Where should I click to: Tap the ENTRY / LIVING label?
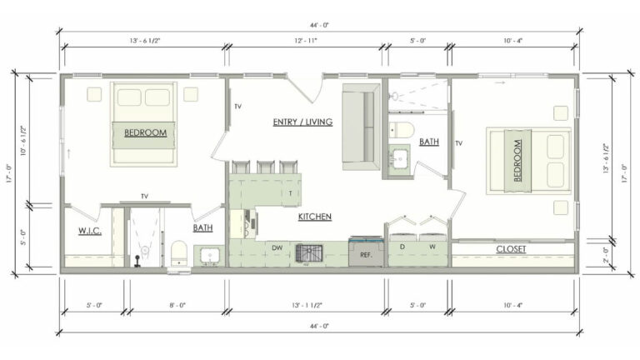(302, 122)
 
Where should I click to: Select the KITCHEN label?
(315, 217)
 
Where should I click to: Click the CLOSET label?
(511, 249)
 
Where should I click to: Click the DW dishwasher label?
(277, 248)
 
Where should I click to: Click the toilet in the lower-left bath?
(178, 252)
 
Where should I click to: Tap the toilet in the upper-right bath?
(401, 130)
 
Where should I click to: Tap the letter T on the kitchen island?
(291, 192)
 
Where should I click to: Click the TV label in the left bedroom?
(144, 197)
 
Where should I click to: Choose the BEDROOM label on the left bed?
(145, 132)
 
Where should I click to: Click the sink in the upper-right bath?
(399, 157)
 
